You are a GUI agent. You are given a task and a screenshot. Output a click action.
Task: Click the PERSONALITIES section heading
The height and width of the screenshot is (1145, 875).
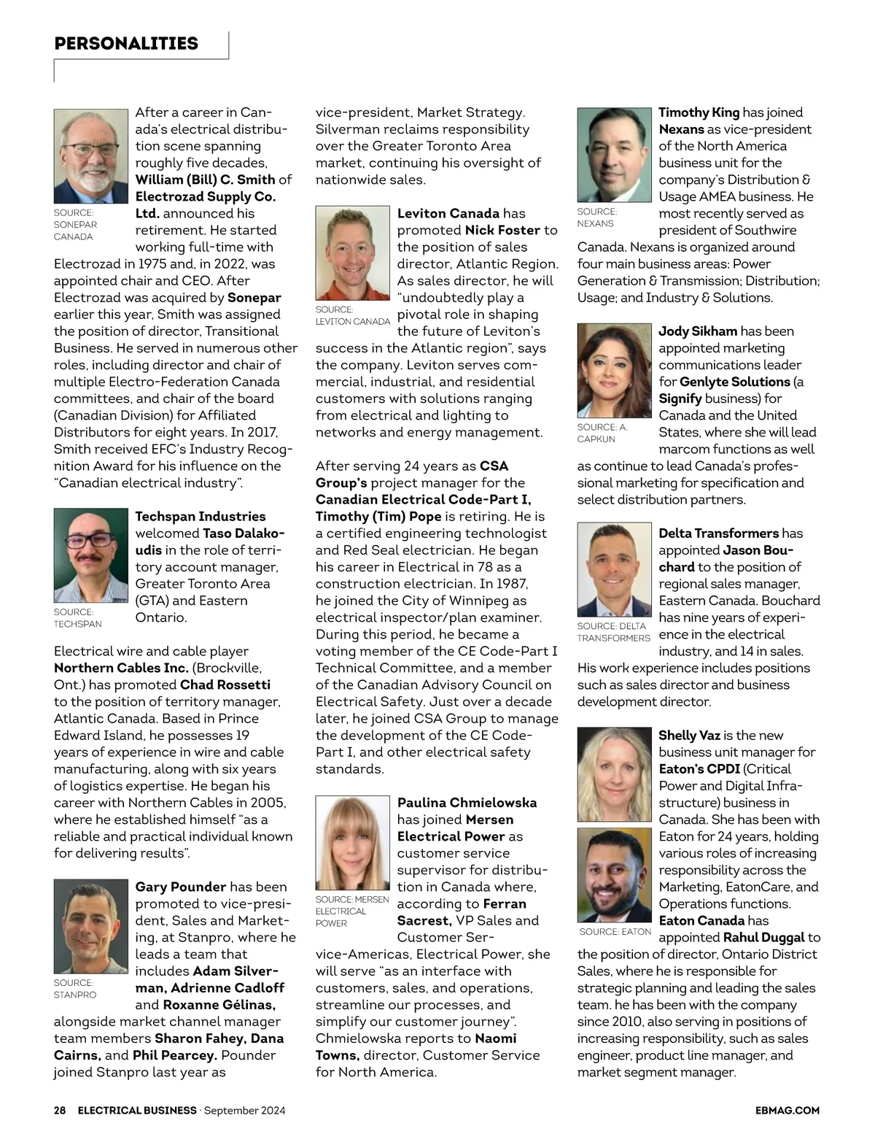126,44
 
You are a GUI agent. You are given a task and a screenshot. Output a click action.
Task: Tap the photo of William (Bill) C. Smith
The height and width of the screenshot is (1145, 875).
90,156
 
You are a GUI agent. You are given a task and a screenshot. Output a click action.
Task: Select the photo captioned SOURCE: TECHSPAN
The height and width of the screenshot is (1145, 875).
90,555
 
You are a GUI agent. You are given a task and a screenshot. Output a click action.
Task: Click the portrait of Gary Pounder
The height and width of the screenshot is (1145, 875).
90,926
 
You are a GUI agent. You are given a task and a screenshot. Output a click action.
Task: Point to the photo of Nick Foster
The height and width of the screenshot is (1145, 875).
353,254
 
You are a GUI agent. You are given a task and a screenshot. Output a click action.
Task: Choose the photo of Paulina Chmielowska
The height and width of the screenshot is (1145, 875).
353,843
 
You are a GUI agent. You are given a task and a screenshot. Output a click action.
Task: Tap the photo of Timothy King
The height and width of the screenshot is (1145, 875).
614,155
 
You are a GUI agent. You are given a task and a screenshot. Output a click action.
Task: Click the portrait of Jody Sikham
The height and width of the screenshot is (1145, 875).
614,370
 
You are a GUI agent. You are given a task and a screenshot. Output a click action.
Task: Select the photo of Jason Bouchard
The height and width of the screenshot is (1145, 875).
614,570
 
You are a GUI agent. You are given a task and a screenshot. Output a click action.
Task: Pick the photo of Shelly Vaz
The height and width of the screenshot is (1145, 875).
614,775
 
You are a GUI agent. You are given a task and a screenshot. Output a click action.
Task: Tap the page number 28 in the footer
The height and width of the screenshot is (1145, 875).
60,1111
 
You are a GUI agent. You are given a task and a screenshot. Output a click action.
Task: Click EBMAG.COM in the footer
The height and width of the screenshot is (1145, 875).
787,1111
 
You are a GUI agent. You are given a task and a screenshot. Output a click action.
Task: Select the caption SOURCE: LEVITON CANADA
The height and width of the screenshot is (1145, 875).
353,316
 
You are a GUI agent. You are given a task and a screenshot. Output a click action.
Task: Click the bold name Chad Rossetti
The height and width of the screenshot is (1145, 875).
225,685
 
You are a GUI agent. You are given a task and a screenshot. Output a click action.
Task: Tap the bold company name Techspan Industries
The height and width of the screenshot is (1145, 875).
201,517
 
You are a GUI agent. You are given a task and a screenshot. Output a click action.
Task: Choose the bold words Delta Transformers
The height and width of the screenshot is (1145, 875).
719,533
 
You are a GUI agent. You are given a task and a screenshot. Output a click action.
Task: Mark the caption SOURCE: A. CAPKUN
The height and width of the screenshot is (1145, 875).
602,433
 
